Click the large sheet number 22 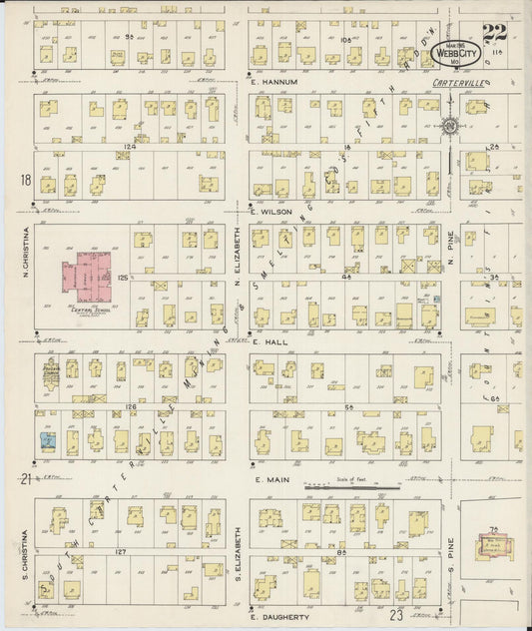pyautogui.click(x=493, y=31)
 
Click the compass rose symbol pyautogui.click(x=451, y=126)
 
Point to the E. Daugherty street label pyautogui.click(x=281, y=620)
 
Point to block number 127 pyautogui.click(x=124, y=550)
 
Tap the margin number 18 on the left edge pyautogui.click(x=23, y=180)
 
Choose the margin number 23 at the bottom pyautogui.click(x=399, y=618)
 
